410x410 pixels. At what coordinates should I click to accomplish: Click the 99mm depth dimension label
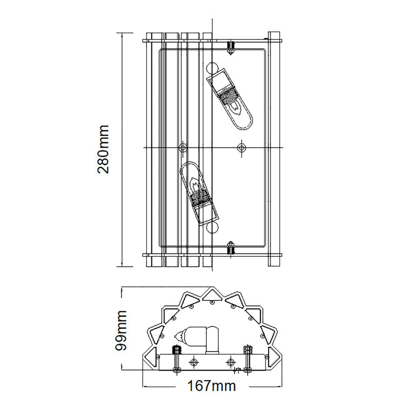(121, 331)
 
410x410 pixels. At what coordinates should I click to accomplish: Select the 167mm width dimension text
(211, 386)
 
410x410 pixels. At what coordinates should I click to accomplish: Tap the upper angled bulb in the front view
(231, 99)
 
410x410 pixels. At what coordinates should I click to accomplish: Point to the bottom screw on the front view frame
(231, 248)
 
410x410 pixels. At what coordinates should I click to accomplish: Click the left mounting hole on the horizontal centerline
(183, 147)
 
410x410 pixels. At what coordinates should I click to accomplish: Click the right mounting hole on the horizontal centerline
(242, 147)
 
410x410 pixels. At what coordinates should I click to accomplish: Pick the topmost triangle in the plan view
(211, 294)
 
